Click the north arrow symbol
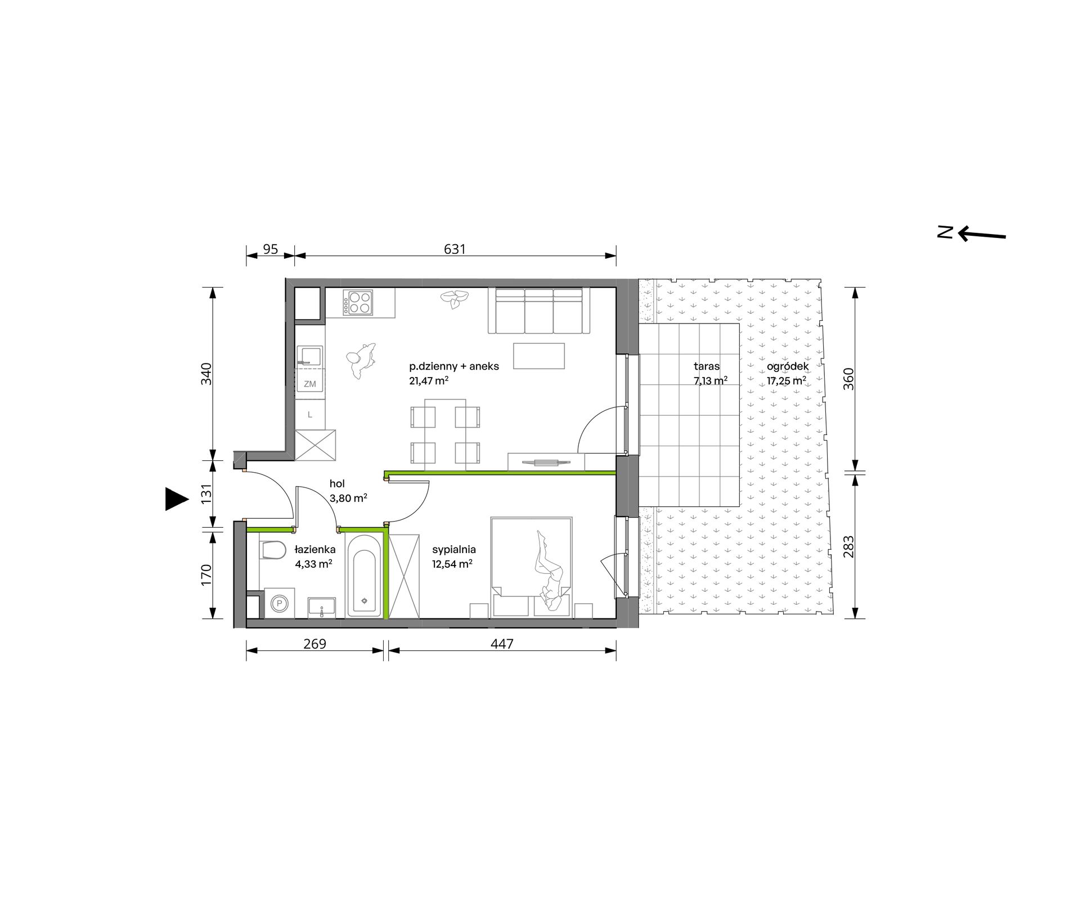tap(982, 234)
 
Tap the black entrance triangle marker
tap(176, 499)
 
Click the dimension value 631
tap(455, 249)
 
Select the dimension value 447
tap(502, 644)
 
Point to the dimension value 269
tap(315, 644)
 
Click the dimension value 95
tap(271, 249)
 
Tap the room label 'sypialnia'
tap(454, 550)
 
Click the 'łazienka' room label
tap(315, 549)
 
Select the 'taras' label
tap(707, 366)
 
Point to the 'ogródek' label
tap(788, 366)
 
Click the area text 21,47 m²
tap(429, 381)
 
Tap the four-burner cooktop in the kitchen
tap(358, 302)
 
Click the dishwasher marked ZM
tap(310, 384)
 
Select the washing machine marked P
tap(279, 604)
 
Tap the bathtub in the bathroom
tap(365, 575)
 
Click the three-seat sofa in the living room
tap(539, 311)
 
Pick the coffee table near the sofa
tap(538, 356)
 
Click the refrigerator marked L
tap(310, 415)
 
